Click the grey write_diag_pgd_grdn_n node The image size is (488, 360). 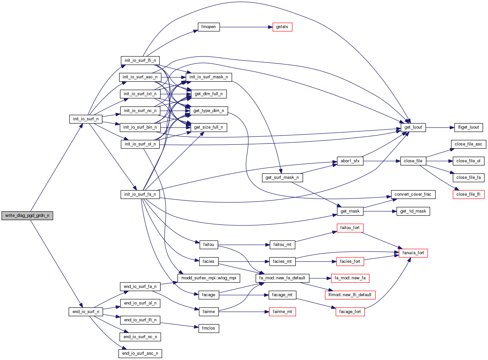pos(27,216)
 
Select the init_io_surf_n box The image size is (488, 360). pos(86,119)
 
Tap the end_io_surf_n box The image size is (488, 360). pos(86,312)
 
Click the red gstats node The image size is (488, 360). pos(282,27)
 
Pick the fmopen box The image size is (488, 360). pos(208,27)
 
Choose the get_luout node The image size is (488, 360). pos(413,127)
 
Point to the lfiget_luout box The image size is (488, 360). pos(468,127)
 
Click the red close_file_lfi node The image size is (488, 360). pos(468,194)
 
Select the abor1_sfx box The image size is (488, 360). pos(350,161)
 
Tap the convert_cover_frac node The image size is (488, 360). pos(413,194)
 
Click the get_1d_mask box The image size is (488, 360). pos(413,211)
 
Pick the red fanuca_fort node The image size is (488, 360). pos(413,253)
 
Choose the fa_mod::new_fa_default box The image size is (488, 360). pos(282,278)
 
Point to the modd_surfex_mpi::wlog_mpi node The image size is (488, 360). pos(209,278)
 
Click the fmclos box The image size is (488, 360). pos(208,328)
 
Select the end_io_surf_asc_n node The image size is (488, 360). pos(140,353)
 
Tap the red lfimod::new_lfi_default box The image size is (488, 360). pos(350,295)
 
